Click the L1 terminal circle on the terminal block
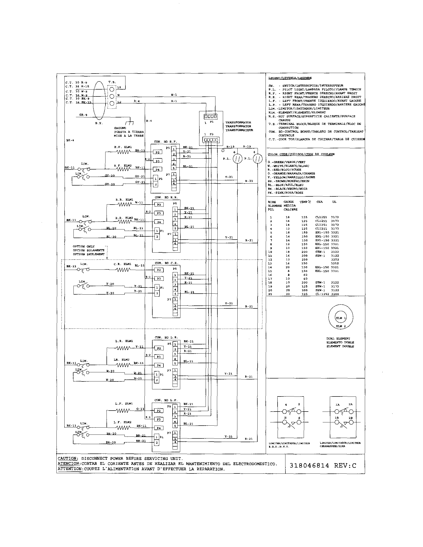[x=112, y=89]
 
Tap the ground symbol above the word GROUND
[x=130, y=123]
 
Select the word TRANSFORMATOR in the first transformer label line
[x=238, y=122]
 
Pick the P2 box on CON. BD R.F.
[x=158, y=152]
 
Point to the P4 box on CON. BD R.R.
[x=159, y=222]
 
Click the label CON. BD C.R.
[x=166, y=263]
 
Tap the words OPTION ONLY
[x=84, y=246]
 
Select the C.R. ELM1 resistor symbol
[x=123, y=270]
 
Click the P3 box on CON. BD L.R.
[x=159, y=357]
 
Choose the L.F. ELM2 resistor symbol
[x=123, y=428]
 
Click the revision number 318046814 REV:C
[x=323, y=466]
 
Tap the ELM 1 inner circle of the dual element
[x=341, y=318]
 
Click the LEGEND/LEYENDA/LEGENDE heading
[x=290, y=78]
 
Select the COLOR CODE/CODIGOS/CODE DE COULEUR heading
[x=301, y=154]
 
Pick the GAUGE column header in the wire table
[x=288, y=202]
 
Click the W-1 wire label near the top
[x=174, y=95]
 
